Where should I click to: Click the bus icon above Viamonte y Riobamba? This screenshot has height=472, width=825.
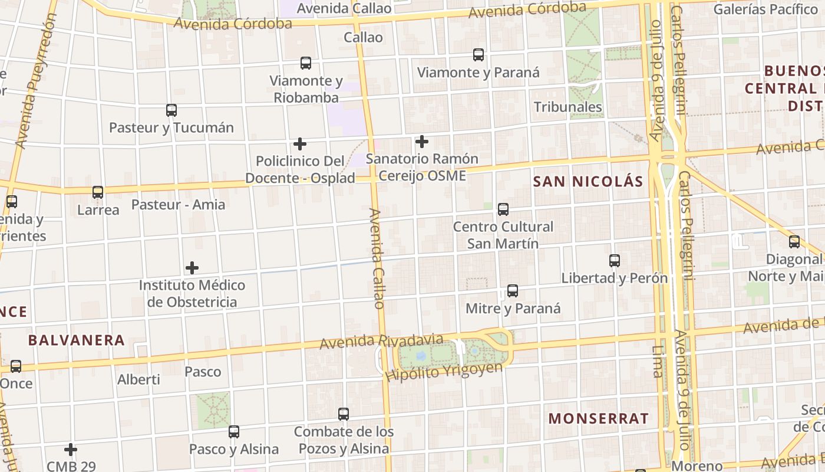click(x=305, y=63)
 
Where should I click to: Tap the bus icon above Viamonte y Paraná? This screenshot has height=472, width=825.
click(x=478, y=55)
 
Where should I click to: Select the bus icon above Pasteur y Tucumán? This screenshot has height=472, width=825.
click(x=171, y=110)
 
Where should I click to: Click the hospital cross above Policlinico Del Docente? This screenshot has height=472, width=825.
click(x=300, y=143)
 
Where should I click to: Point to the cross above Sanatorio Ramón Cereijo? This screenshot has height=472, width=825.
click(x=422, y=142)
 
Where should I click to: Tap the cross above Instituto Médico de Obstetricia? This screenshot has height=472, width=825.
click(x=192, y=268)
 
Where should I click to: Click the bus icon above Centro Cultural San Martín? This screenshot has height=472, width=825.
click(x=503, y=209)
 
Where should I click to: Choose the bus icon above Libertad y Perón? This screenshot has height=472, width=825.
click(x=615, y=261)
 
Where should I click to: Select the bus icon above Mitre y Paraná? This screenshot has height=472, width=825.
click(x=513, y=291)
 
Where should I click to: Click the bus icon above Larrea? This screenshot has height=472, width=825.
click(x=98, y=192)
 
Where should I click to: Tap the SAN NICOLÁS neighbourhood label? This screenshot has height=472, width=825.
click(x=588, y=182)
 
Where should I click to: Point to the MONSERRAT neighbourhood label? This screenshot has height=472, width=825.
click(x=599, y=419)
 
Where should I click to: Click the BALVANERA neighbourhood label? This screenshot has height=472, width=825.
click(x=77, y=340)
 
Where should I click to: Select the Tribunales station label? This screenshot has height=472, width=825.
click(x=568, y=107)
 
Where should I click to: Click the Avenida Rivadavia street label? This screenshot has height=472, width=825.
click(x=381, y=341)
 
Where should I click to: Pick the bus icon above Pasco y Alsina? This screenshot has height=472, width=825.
click(x=234, y=432)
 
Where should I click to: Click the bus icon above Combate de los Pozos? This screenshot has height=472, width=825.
click(x=344, y=414)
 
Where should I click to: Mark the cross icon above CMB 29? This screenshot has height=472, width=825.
click(x=71, y=450)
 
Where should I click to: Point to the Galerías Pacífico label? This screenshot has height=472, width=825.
click(x=765, y=9)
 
